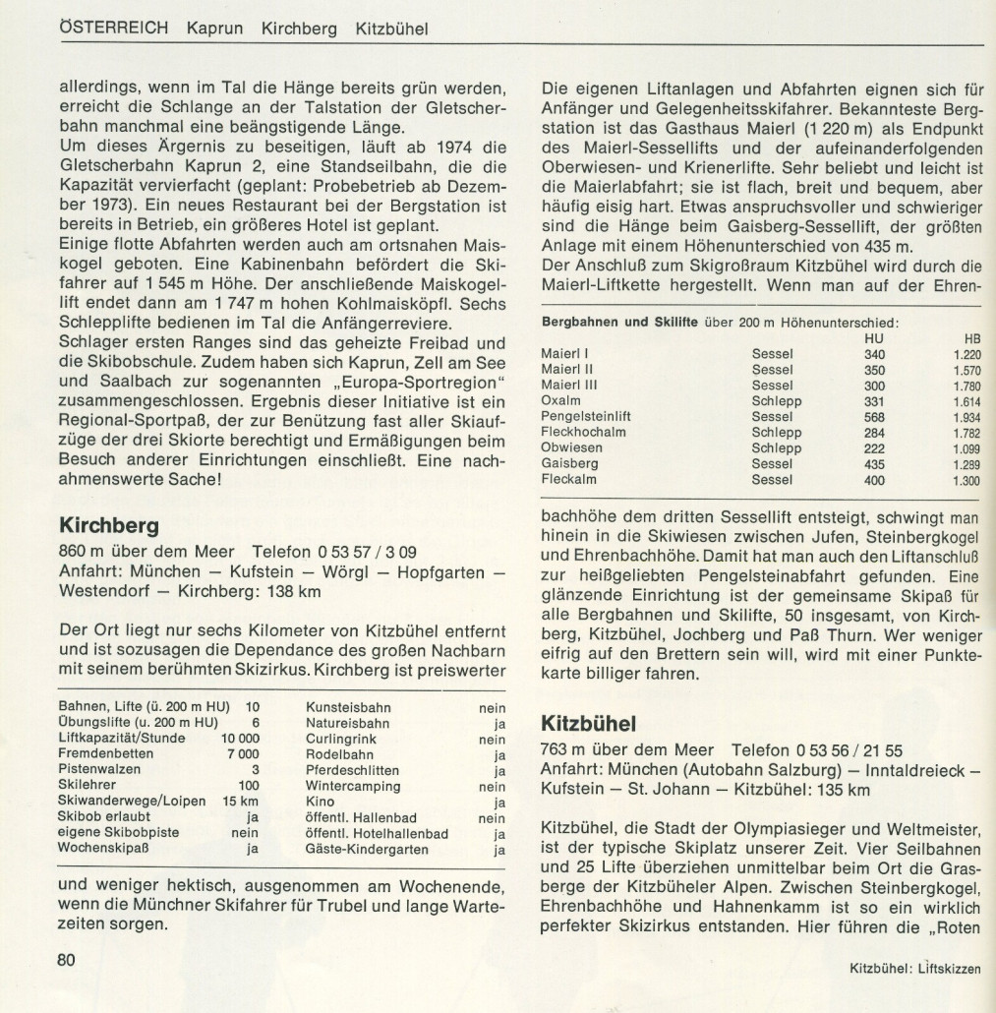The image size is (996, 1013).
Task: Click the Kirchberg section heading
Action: pyautogui.click(x=109, y=524)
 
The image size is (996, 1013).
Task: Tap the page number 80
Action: pyautogui.click(x=67, y=960)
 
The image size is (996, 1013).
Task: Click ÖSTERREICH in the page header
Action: pyautogui.click(x=114, y=29)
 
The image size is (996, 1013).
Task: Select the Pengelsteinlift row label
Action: pyautogui.click(x=586, y=416)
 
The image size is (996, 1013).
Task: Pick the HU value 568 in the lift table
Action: pyautogui.click(x=874, y=416)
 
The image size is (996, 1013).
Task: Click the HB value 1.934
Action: pyautogui.click(x=967, y=416)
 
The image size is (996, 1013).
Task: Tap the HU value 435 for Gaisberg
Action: pyautogui.click(x=874, y=463)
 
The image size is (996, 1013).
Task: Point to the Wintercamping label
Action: pyautogui.click(x=353, y=786)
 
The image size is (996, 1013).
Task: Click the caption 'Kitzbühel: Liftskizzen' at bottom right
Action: pyautogui.click(x=915, y=969)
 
